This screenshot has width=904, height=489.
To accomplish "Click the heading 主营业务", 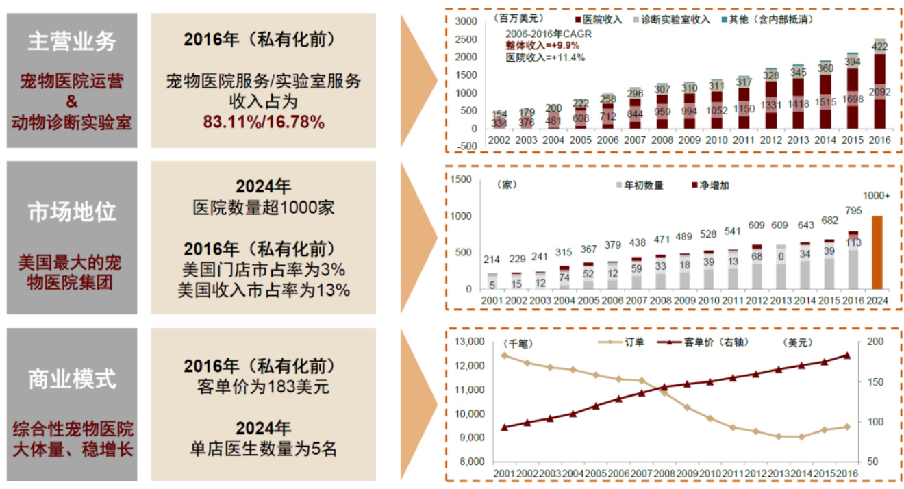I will point(72,42).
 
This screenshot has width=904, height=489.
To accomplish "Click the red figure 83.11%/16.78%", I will point(263,122).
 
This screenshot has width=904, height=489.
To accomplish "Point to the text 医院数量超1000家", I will point(263,208).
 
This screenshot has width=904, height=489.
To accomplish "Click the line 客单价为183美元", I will point(263,387).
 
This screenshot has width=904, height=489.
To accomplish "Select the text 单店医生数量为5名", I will point(263,449).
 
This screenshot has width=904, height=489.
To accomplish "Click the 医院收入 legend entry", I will point(602,20).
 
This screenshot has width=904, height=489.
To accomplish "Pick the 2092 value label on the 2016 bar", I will point(879,92).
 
